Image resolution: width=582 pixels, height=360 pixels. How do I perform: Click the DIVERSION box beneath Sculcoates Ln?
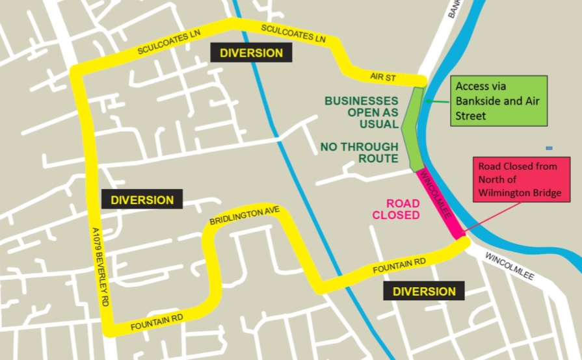(251, 53)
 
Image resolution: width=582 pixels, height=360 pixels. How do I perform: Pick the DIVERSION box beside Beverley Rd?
(142, 199)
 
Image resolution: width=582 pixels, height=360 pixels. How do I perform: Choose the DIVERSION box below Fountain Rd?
(423, 291)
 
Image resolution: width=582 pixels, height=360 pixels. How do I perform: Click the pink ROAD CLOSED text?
(395, 209)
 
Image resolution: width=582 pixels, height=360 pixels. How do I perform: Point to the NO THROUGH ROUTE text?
(359, 153)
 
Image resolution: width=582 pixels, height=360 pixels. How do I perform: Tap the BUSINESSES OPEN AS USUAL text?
(362, 112)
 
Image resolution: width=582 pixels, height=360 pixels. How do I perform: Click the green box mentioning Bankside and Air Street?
(499, 101)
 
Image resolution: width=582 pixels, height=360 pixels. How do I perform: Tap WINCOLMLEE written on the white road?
(509, 266)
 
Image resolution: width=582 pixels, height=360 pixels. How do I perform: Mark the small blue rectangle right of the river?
(549, 148)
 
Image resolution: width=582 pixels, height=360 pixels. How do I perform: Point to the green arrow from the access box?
(439, 101)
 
